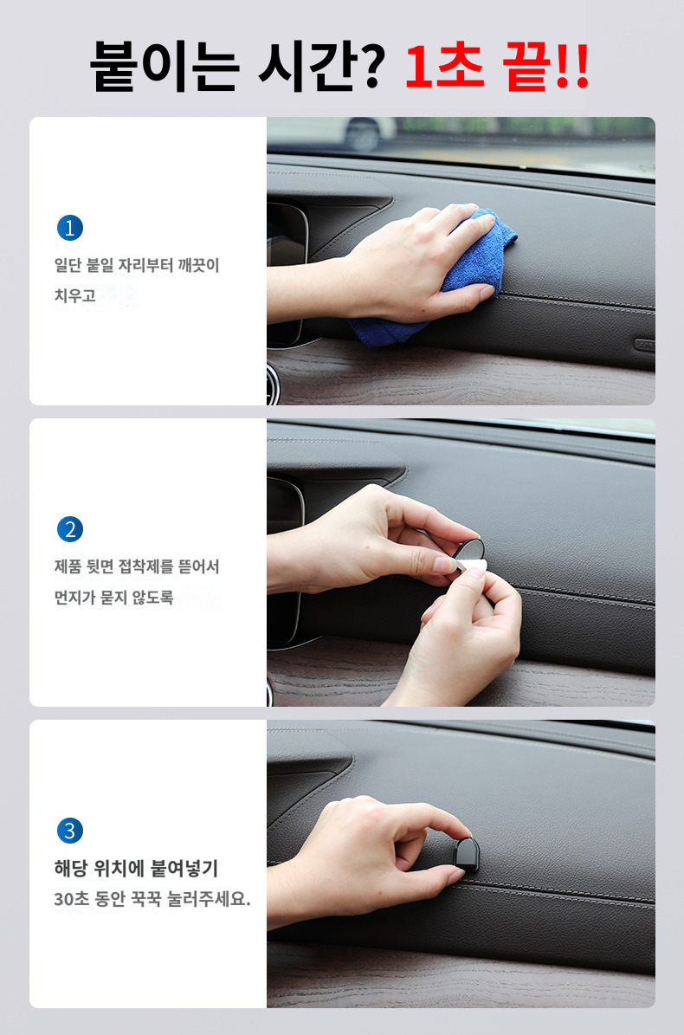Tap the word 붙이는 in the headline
164,66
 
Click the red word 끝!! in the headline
545,66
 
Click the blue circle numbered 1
70,228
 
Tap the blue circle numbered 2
70,529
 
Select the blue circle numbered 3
70,831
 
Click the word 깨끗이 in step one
198,265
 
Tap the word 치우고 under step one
74,295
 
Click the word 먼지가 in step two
74,598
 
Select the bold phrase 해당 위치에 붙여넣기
136,868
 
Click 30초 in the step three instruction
71,899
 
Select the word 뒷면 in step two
100,566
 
